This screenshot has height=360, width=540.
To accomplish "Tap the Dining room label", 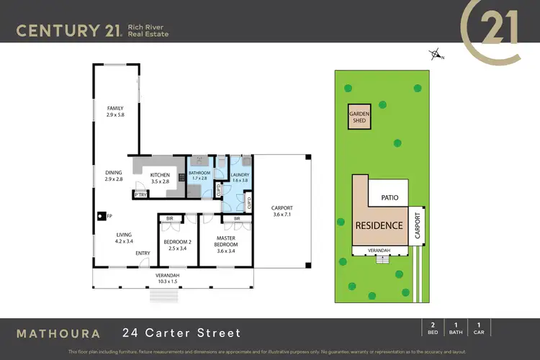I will (x=113, y=175).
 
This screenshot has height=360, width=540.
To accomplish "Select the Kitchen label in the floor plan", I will (x=160, y=178).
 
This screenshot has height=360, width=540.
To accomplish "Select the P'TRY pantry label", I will (x=140, y=194).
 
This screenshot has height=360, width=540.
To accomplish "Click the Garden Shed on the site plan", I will (x=359, y=117).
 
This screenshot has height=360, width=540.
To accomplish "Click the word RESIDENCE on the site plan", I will (x=378, y=225).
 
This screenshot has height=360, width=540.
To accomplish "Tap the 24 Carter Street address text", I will (x=181, y=333).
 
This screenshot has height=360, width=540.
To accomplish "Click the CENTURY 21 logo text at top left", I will (x=69, y=30).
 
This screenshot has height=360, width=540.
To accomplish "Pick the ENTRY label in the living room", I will (x=142, y=253).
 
